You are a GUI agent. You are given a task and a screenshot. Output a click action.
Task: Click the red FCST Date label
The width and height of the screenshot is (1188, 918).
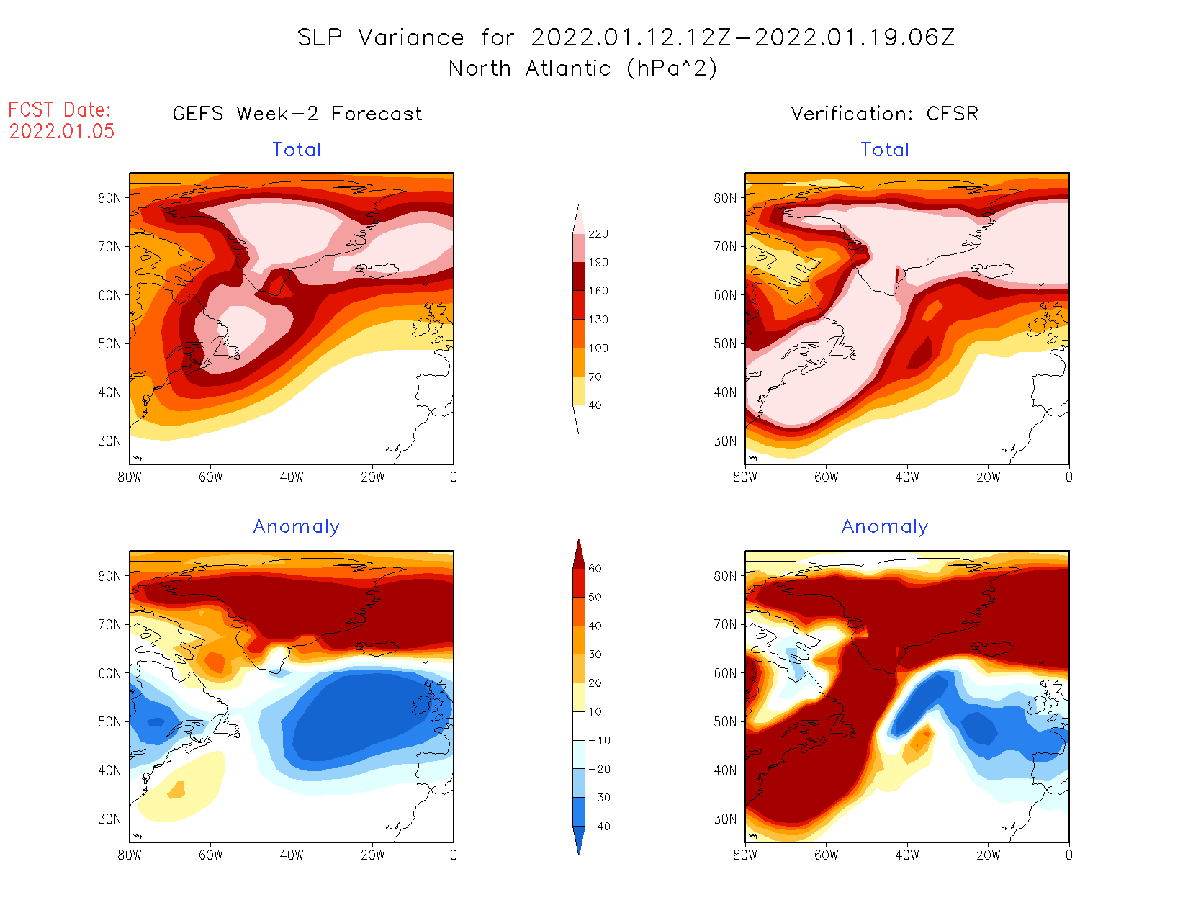point(60,110)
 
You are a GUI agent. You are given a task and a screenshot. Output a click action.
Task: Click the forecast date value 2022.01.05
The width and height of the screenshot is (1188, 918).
point(62,131)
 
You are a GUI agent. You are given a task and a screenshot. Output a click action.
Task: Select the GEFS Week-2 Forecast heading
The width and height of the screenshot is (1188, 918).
point(297,114)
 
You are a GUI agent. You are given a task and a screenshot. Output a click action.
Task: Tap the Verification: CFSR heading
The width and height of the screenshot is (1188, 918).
point(884,114)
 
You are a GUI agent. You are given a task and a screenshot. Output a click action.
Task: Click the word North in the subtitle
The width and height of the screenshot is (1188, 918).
point(480,69)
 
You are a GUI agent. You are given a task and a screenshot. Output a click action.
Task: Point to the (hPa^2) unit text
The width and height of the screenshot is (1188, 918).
point(672,68)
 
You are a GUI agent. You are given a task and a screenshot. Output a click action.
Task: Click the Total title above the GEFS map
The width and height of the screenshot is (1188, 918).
point(297,150)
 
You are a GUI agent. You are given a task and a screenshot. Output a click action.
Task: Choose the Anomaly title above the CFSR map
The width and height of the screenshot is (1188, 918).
point(884,527)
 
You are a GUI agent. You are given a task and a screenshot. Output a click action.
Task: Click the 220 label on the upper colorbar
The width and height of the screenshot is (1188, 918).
point(598,234)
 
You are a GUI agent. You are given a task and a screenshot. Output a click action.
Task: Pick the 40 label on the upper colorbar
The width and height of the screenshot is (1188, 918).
point(595,405)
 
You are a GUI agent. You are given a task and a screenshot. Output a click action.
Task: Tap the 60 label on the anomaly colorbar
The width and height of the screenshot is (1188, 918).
point(595,569)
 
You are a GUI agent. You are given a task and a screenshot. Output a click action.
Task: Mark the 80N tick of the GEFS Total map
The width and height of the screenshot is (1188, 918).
point(109,198)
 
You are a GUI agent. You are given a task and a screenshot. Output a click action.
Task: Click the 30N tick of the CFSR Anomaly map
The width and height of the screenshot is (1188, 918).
point(725,819)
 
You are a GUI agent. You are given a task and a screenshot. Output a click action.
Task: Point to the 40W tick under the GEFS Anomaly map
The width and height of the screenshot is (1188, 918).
point(292,855)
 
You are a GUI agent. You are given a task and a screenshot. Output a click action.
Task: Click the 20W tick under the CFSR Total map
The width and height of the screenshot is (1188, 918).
point(988,477)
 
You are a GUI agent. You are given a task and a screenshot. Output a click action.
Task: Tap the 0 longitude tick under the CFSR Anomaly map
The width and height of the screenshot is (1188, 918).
point(1068,855)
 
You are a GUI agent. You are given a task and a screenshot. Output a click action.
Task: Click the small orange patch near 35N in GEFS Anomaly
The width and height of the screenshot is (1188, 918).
point(176,790)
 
